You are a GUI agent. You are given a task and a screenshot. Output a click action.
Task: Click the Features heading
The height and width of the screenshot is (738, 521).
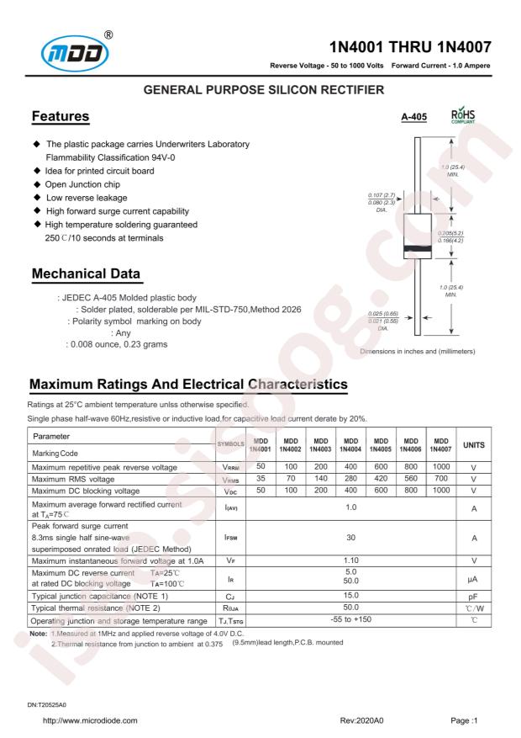pos(60,115)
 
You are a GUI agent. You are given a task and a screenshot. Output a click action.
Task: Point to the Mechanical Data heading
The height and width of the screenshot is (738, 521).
pos(85,275)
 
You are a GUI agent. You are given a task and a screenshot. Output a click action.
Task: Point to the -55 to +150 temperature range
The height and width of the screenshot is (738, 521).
pos(350,619)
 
